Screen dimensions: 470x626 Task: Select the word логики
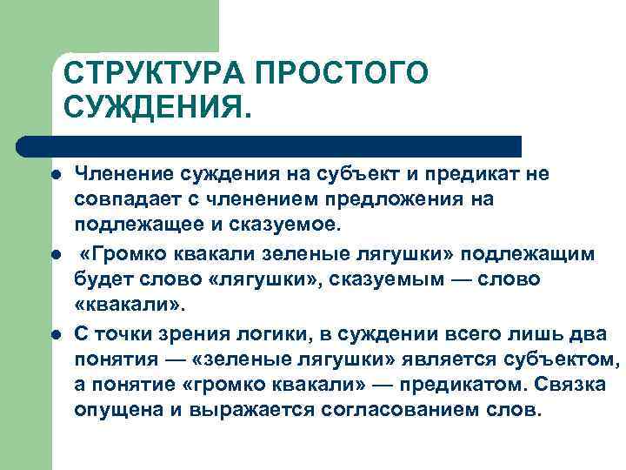pyautogui.click(x=283, y=335)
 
